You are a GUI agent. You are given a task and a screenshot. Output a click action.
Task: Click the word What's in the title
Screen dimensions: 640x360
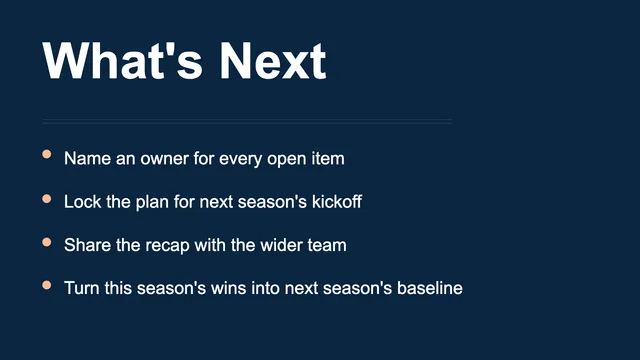pyautogui.click(x=122, y=60)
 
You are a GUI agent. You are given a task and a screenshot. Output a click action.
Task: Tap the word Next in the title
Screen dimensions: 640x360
pyautogui.click(x=273, y=60)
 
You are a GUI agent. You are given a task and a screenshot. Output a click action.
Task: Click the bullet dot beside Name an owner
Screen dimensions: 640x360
pyautogui.click(x=47, y=154)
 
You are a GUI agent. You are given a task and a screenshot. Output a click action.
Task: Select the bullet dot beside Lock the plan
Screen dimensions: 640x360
pyautogui.click(x=47, y=199)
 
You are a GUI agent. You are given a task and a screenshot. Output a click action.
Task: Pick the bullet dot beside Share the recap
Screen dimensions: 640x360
pyautogui.click(x=47, y=242)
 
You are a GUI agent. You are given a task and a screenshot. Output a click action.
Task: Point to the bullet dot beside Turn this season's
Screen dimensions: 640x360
pyautogui.click(x=47, y=285)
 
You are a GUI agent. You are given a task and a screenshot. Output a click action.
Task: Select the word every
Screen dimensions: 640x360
pyautogui.click(x=240, y=160)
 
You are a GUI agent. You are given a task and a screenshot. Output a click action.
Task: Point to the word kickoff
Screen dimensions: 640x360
pyautogui.click(x=337, y=202)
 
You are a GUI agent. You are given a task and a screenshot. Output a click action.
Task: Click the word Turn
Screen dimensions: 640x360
pyautogui.click(x=82, y=288)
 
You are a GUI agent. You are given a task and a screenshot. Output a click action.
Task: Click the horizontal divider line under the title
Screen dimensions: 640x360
pyautogui.click(x=247, y=121)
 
